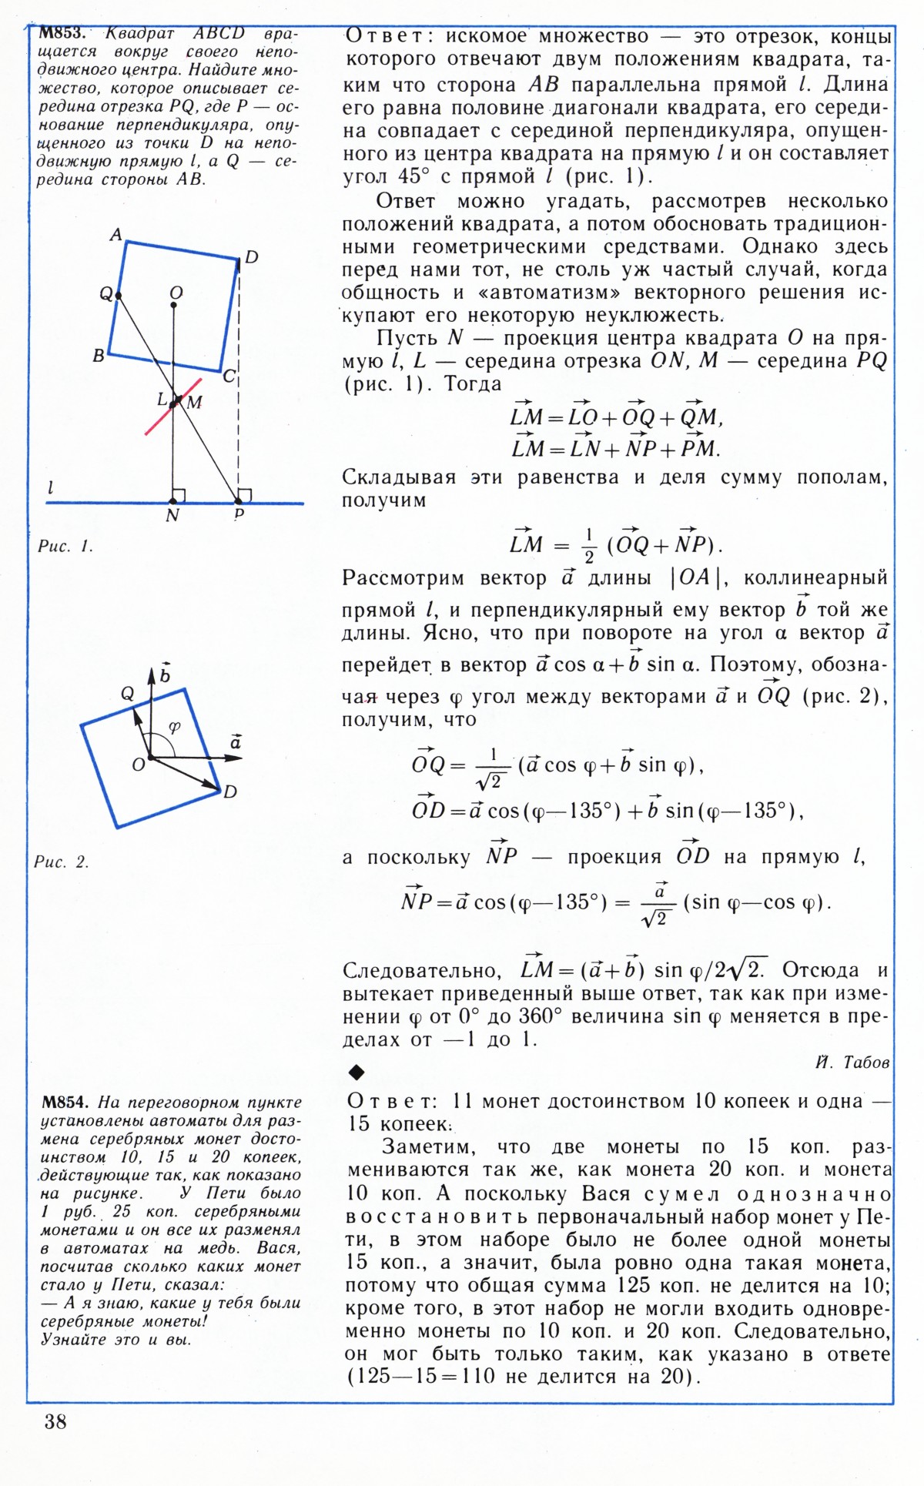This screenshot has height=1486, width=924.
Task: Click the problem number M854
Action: point(64,1102)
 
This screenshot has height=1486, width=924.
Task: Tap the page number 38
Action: point(55,1421)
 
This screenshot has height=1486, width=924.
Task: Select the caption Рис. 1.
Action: point(65,547)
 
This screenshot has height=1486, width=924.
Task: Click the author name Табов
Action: point(866,1063)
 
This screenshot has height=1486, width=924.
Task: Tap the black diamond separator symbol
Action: point(356,1072)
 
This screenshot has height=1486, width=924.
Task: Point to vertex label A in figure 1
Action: point(116,234)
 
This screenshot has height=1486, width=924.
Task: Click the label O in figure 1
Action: point(176,293)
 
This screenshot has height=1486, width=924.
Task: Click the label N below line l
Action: point(172,516)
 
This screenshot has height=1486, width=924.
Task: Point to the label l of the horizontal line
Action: point(51,487)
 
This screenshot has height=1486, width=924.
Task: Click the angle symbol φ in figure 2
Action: point(175,727)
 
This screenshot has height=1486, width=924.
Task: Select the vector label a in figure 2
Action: point(236,742)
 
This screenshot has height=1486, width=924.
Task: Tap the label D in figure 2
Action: point(229,792)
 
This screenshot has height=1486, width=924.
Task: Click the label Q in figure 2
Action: point(128,694)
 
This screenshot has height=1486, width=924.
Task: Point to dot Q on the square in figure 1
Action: point(118,294)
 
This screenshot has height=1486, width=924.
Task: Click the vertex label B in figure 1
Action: point(99,356)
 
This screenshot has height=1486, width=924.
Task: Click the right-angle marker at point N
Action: point(179,495)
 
